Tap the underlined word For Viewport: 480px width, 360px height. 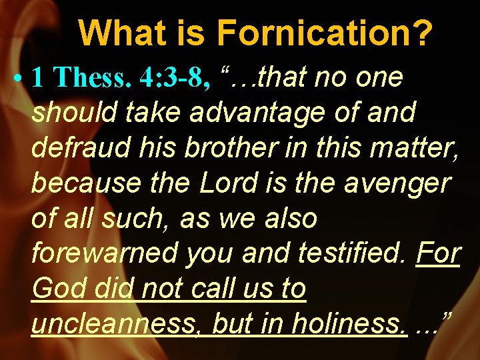pos(438,253)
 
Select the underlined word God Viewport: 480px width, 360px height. pos(58,289)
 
